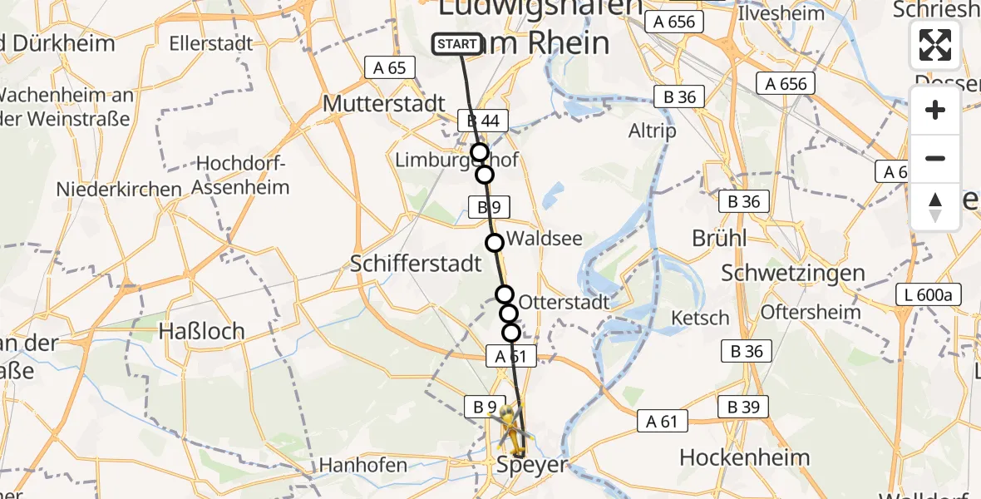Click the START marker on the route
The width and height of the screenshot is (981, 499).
click(457, 44)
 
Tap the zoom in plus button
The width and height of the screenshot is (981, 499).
click(935, 111)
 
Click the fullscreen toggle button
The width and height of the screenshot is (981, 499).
click(935, 45)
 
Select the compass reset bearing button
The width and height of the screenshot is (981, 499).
click(935, 206)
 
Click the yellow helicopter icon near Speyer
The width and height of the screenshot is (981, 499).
click(510, 428)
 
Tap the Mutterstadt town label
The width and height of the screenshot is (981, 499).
click(384, 104)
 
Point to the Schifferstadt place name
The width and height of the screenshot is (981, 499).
click(417, 264)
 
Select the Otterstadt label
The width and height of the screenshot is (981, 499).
click(564, 302)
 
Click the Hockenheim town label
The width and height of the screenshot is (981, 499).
click(744, 457)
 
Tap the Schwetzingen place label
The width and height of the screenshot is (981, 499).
click(793, 272)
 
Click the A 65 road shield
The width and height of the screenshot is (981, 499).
click(390, 68)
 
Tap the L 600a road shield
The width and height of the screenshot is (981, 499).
click(929, 294)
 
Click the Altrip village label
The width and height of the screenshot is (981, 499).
click(653, 131)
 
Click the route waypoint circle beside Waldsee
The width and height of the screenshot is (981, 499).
click(495, 243)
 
